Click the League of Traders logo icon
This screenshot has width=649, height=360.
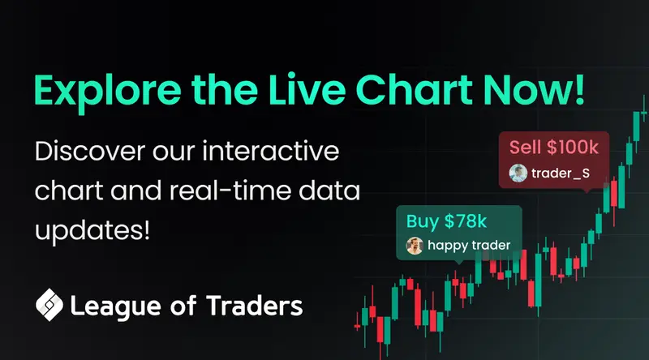click(x=49, y=304)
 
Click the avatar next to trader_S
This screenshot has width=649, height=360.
click(x=518, y=173)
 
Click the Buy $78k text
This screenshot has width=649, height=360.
click(x=439, y=221)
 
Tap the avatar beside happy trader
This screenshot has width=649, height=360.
click(x=415, y=246)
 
